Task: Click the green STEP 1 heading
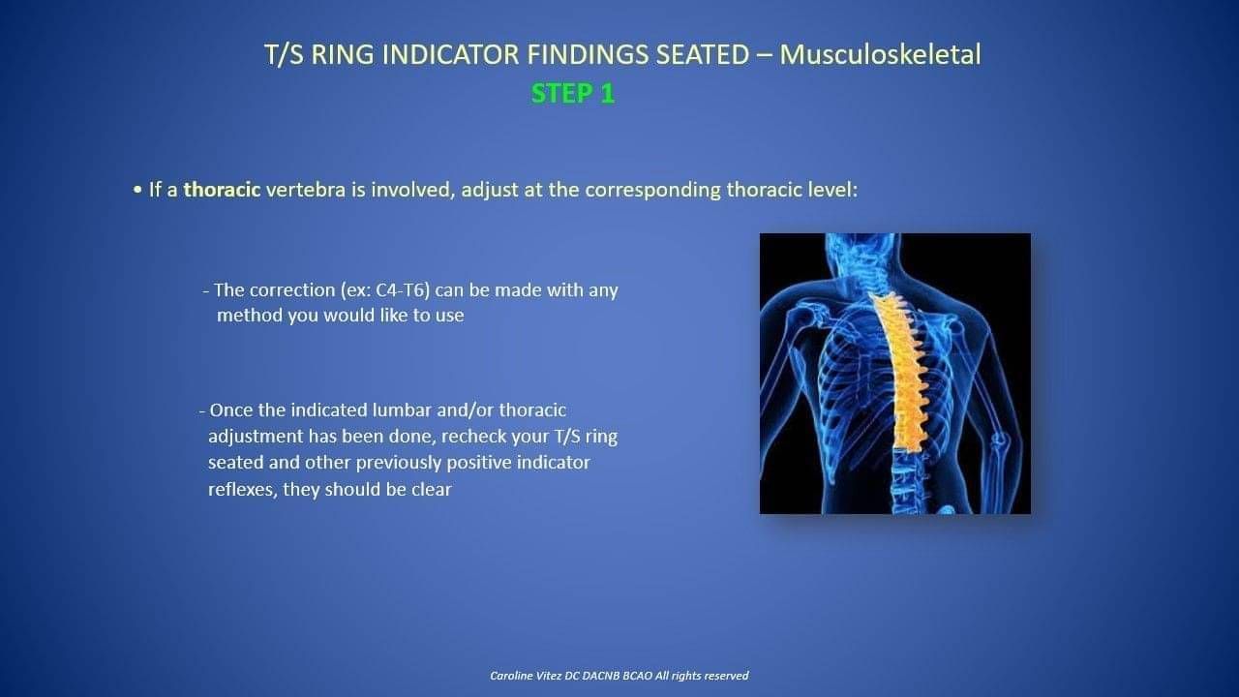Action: pos(572,94)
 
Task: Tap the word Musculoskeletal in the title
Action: pos(880,55)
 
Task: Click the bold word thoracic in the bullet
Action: pos(222,190)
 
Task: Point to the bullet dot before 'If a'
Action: pos(137,191)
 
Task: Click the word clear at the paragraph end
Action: pos(432,490)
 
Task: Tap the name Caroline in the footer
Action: pos(510,676)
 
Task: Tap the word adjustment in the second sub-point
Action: pos(256,437)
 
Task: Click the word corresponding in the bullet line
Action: pos(652,191)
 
